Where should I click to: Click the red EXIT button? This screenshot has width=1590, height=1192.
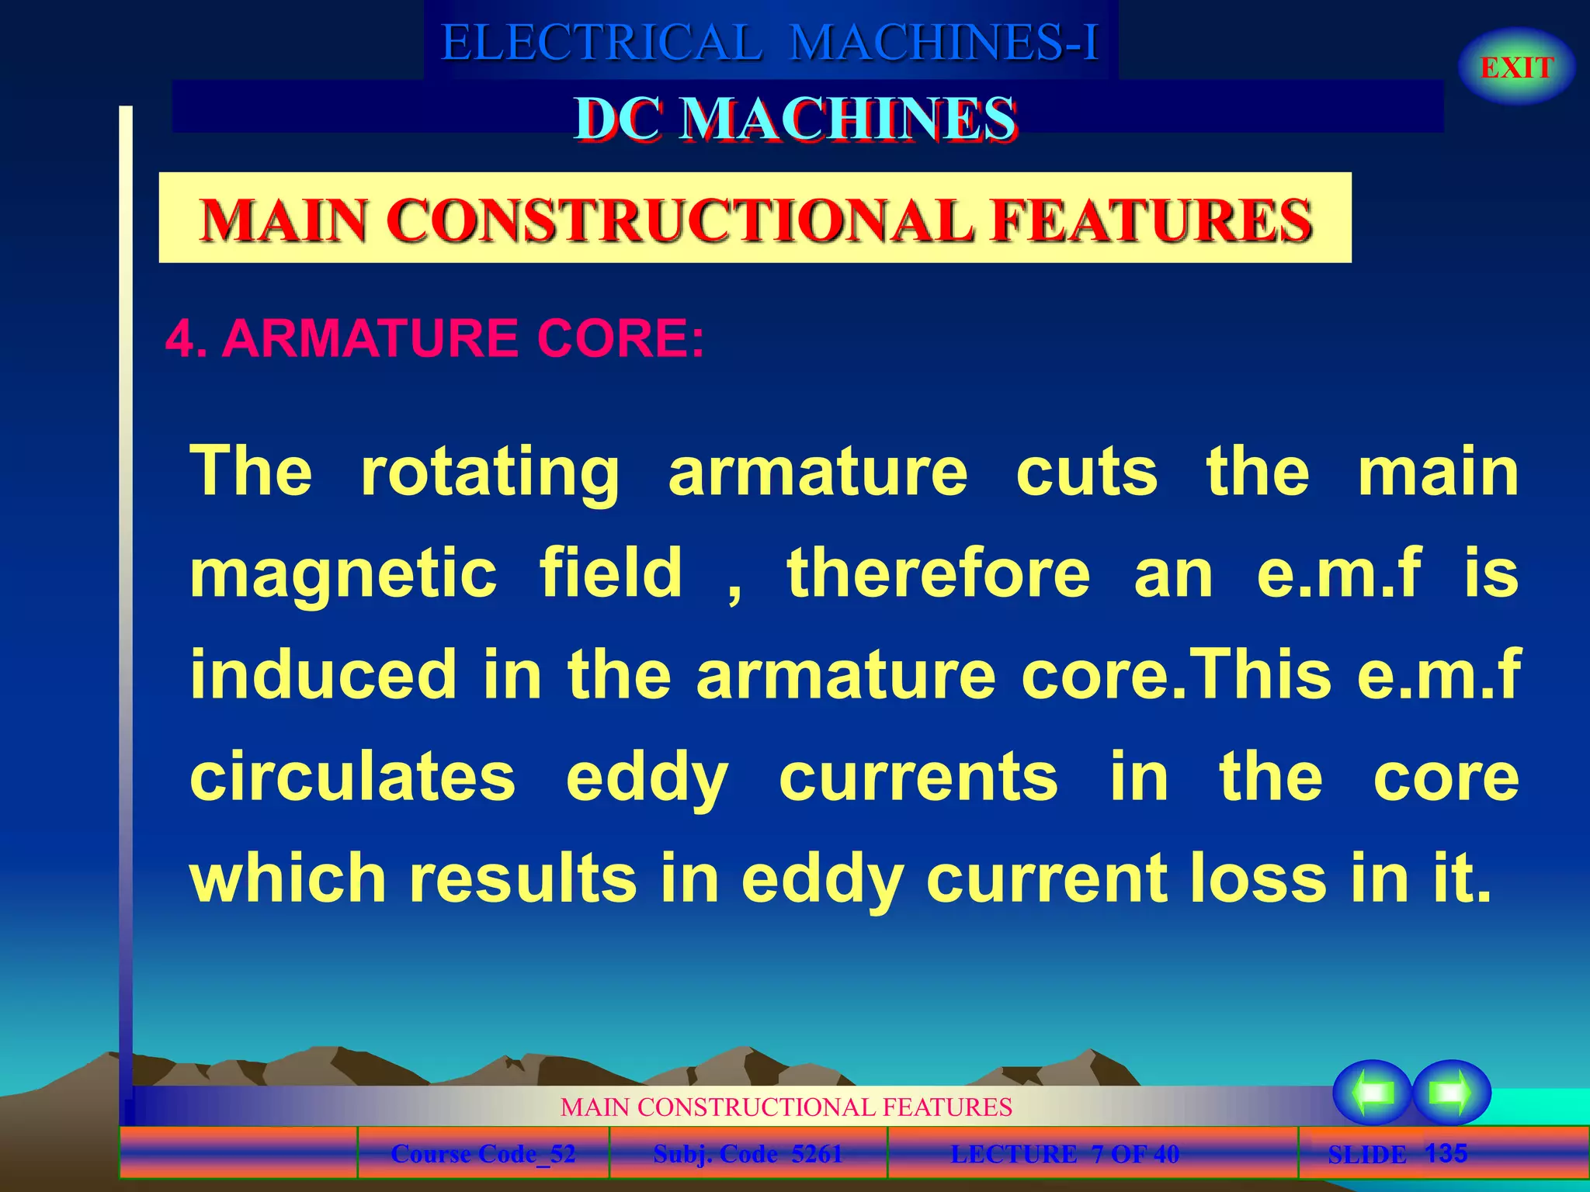(x=1516, y=68)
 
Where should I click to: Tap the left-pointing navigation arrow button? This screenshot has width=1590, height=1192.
(x=1372, y=1093)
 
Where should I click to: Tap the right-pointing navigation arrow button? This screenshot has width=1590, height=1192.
(x=1451, y=1093)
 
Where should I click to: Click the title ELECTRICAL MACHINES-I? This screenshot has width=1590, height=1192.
(x=769, y=43)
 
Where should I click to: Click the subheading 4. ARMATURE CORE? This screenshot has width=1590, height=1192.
(x=435, y=338)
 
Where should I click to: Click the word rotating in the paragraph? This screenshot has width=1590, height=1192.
(x=490, y=472)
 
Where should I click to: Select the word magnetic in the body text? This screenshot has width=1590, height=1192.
(x=343, y=574)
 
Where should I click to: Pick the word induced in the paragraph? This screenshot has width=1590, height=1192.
(x=323, y=674)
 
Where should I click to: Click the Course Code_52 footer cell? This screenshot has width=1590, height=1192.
(x=483, y=1154)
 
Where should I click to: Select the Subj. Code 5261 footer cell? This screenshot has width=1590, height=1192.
(x=748, y=1154)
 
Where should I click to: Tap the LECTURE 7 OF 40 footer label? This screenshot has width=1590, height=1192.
(x=1064, y=1154)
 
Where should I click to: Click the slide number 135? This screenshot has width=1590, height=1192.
(x=1446, y=1152)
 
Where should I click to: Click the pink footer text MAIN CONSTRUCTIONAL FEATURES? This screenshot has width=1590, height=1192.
(x=786, y=1107)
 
